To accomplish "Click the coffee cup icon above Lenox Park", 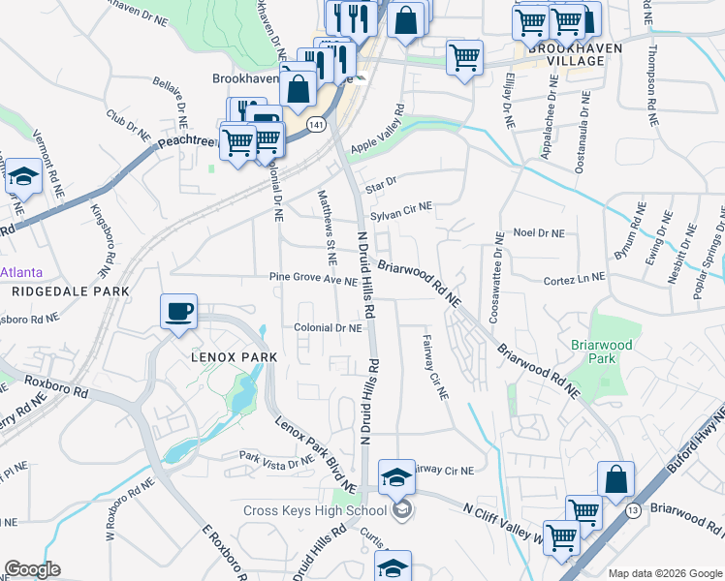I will (x=178, y=312).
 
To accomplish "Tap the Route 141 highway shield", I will (x=315, y=126).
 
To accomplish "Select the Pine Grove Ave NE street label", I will (x=314, y=280).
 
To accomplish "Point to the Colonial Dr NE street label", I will (x=328, y=328).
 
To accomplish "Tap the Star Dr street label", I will (x=381, y=181).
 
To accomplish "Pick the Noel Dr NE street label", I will (x=538, y=232).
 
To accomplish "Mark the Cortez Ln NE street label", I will (x=573, y=276).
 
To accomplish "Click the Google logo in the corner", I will (x=32, y=569).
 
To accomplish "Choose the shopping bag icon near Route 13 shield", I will (x=615, y=478).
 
